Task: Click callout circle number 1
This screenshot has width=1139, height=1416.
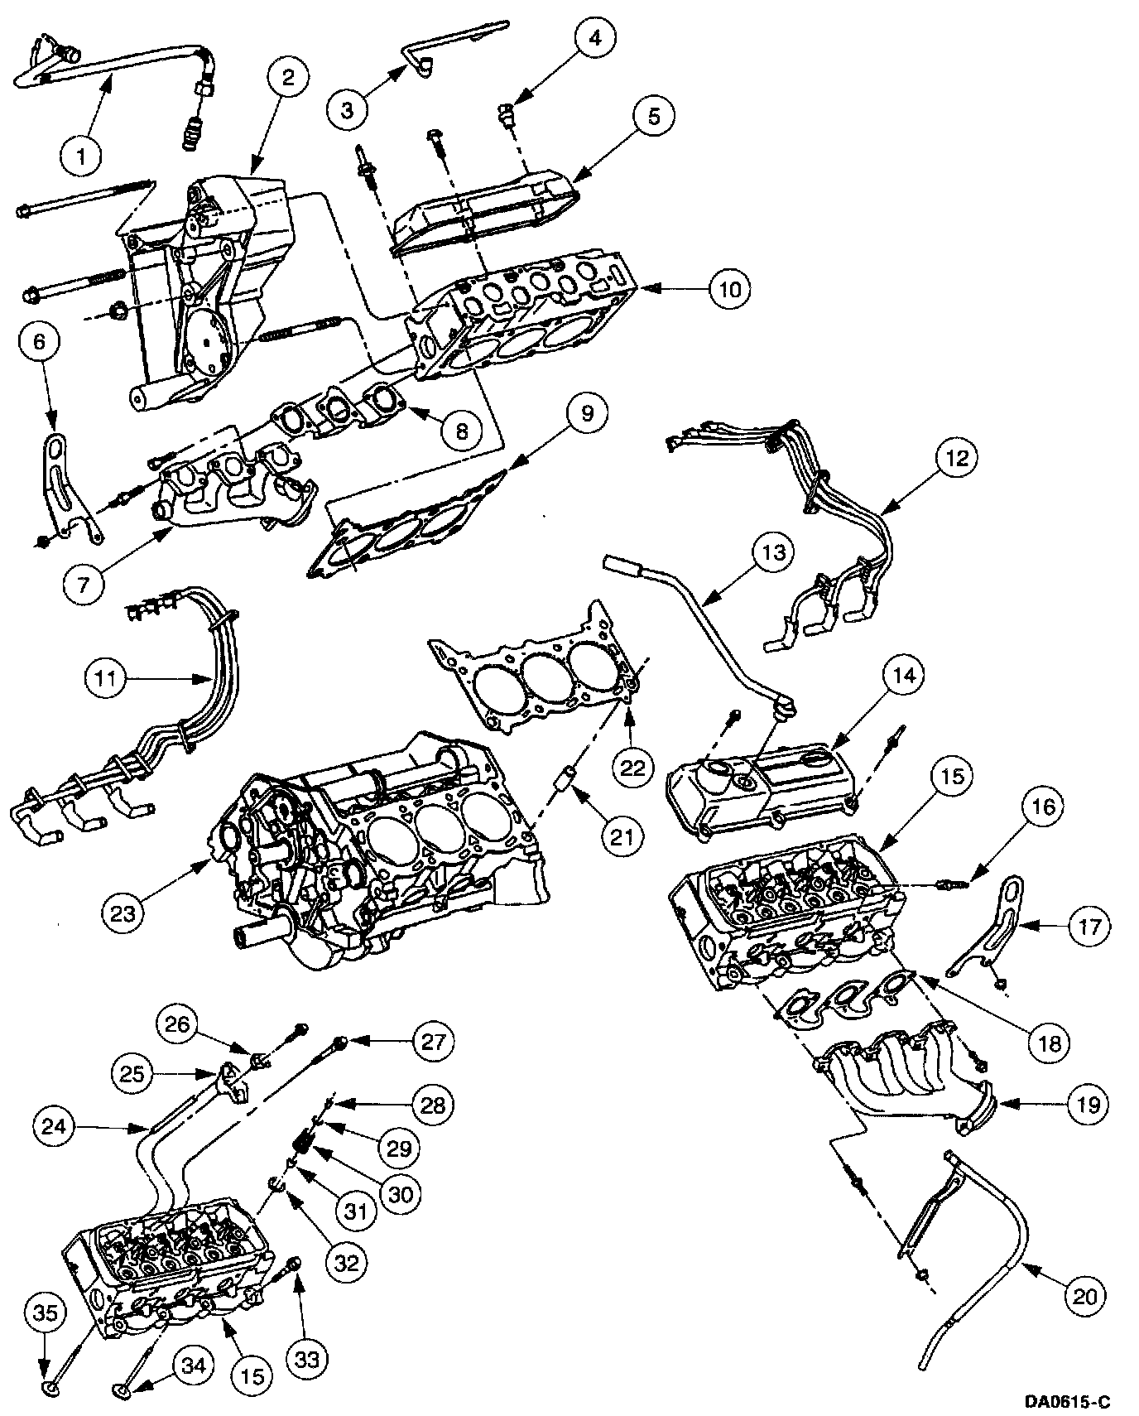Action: click(x=80, y=154)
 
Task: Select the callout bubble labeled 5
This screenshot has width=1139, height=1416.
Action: click(x=653, y=116)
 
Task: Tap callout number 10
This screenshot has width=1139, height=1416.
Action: click(x=729, y=289)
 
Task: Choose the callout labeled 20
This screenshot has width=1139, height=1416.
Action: click(x=1084, y=1294)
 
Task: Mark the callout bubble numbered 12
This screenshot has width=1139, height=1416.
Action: click(x=956, y=457)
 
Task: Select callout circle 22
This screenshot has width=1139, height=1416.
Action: click(x=632, y=768)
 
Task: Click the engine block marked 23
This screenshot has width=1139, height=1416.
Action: click(x=381, y=853)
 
